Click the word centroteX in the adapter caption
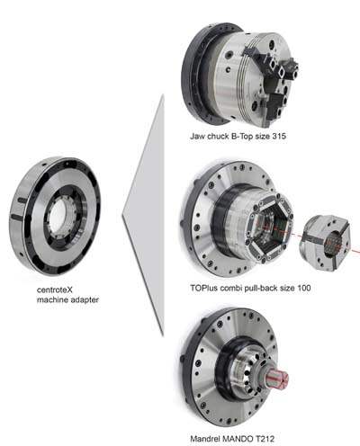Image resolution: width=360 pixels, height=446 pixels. click(55, 290)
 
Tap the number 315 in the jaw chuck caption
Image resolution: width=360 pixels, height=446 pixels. click(279, 137)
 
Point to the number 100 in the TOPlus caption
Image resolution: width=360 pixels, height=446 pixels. click(304, 289)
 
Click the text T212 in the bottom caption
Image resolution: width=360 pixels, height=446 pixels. click(265, 439)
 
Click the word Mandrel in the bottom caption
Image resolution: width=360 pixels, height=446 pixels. click(205, 439)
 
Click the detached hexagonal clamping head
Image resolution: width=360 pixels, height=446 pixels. click(325, 243)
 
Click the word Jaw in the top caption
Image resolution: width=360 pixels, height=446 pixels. click(197, 137)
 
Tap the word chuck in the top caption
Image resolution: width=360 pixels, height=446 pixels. click(218, 137)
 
